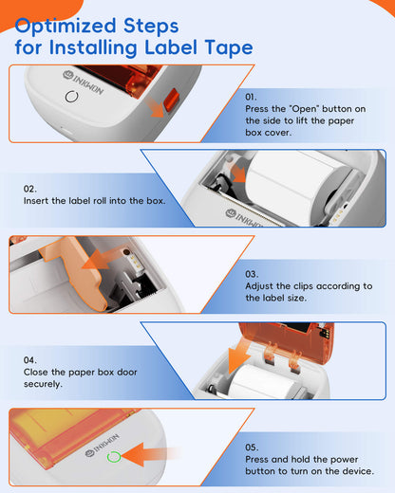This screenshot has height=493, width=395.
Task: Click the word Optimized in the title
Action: pos(66,27)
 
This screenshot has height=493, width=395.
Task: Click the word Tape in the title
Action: pos(229,47)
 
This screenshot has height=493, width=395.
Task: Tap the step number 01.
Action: pos(251,97)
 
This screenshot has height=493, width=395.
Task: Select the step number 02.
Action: pos(30,189)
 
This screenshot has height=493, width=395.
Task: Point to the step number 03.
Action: pos(252,274)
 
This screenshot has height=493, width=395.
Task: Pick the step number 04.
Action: pos(30,360)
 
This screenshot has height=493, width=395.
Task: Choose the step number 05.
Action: pos(252,447)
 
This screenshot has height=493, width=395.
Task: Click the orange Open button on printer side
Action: pos(171,100)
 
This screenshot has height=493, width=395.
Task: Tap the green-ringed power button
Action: pos(114,457)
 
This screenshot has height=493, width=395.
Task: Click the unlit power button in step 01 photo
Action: pos(71,97)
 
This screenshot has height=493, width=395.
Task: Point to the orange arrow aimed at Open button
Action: pos(156,107)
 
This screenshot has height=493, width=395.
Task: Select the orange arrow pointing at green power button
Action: pos(149,455)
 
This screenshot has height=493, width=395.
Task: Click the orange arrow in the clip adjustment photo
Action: pos(98,259)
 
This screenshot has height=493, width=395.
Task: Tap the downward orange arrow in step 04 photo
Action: pos(239,356)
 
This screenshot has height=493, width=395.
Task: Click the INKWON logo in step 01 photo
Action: pos(83,82)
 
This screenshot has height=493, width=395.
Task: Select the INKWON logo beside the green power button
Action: pos(102,445)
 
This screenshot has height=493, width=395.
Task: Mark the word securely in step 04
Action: pos(43,384)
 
